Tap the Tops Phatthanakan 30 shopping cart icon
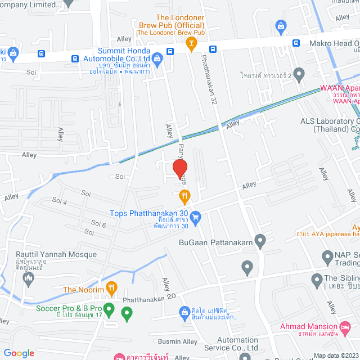pyautogui.click(x=196, y=217)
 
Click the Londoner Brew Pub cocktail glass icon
pyautogui.click(x=191, y=43)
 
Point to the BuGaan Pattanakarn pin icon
pyautogui.click(x=260, y=242)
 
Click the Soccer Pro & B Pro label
pyautogui.click(x=69, y=308)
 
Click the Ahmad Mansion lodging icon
pyautogui.click(x=273, y=328)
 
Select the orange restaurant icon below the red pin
pyautogui.click(x=183, y=196)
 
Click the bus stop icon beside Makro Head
pyautogui.click(x=296, y=43)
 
